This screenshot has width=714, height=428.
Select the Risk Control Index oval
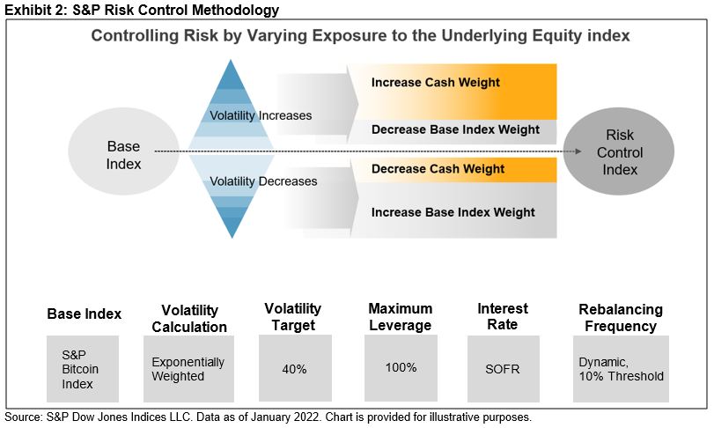(620, 152)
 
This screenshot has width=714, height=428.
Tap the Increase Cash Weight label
(435, 83)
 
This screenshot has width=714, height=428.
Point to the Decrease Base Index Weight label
(455, 129)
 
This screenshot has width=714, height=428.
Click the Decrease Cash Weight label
(438, 168)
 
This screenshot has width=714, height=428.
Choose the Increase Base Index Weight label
(453, 212)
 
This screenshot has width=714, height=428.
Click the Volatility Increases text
(260, 115)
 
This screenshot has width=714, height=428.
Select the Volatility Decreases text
(261, 181)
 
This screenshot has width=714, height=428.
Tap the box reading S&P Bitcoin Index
(84, 369)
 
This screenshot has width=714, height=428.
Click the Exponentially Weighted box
(188, 369)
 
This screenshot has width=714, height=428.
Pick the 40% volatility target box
(295, 369)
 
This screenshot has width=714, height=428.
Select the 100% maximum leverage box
(401, 367)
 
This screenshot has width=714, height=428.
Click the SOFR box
(503, 369)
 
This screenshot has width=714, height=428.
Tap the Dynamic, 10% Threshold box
(621, 369)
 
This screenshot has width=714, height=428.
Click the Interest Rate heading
(503, 316)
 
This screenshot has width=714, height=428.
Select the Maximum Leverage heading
(401, 316)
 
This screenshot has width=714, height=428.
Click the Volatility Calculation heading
(189, 318)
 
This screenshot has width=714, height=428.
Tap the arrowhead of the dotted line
(578, 151)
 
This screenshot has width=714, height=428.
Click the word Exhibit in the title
(24, 11)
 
